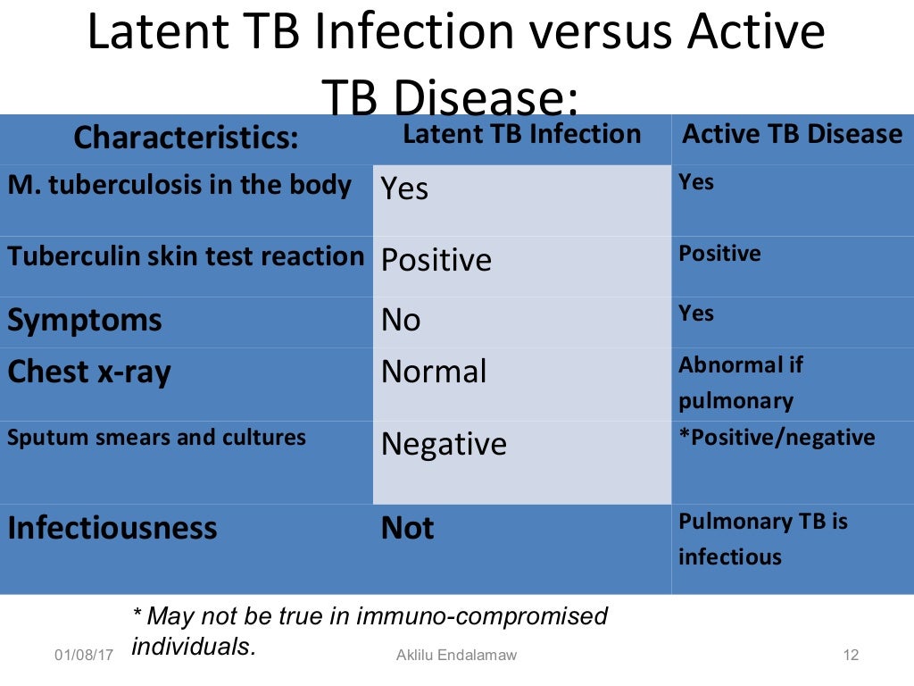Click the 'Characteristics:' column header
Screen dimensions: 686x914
[186, 138]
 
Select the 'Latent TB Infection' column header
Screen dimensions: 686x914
[521, 135]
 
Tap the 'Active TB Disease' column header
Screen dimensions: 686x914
[792, 135]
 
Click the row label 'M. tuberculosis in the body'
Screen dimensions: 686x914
[179, 186]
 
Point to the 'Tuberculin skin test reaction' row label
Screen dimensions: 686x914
[186, 256]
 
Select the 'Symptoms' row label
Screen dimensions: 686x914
[85, 320]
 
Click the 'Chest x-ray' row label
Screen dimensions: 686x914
[88, 372]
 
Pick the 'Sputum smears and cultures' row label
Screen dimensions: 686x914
[156, 438]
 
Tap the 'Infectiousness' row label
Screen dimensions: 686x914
[112, 528]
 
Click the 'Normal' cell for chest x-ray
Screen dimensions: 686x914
[434, 372]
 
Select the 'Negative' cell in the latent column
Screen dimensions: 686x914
[444, 444]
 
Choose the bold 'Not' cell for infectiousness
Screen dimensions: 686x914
[407, 529]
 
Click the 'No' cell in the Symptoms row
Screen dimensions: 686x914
[401, 320]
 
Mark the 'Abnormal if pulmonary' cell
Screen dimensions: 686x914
[741, 382]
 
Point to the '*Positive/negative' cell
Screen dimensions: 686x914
[777, 438]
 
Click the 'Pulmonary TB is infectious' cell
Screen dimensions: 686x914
[763, 539]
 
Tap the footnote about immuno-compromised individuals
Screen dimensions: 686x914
[369, 631]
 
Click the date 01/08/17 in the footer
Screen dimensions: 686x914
[84, 657]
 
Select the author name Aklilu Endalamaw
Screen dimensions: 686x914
[456, 656]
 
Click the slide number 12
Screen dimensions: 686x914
[851, 656]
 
